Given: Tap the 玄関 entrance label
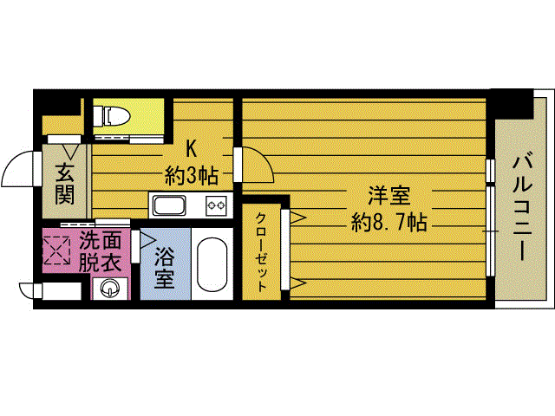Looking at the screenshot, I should (x=65, y=183).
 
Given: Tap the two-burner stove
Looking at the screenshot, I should (x=215, y=206).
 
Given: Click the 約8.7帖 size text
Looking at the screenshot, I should (x=388, y=222).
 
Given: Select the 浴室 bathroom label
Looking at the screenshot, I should (x=164, y=268).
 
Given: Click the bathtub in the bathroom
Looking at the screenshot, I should (x=211, y=265).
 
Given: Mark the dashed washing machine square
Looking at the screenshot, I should (x=57, y=250).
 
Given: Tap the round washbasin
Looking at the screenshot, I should (x=109, y=289).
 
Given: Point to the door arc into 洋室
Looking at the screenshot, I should (x=257, y=166).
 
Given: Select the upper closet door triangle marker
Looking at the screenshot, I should (x=297, y=218).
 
